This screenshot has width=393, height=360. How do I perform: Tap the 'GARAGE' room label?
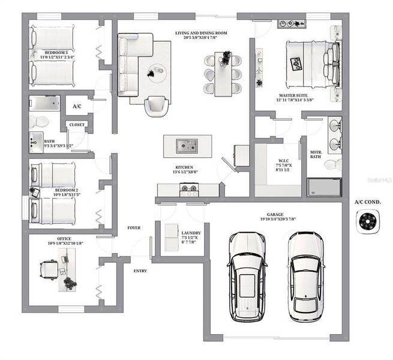click(275, 214)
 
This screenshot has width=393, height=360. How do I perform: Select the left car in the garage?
click(246, 276)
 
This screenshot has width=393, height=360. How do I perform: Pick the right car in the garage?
click(305, 276)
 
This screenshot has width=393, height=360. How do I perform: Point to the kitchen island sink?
click(185, 145)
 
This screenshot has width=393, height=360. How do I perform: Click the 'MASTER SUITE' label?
click(295, 95)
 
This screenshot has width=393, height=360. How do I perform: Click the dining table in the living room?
click(223, 74)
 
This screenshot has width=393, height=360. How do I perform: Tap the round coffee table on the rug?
click(157, 71)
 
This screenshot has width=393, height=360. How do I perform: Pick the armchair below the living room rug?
click(155, 106)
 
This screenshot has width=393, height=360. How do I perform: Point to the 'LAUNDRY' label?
click(190, 233)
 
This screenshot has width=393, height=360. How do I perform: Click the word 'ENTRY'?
click(140, 271)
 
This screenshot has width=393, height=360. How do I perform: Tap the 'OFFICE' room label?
click(60, 238)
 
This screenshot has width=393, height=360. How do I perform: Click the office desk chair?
click(47, 268)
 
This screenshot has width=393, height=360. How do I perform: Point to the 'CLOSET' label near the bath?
click(77, 125)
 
